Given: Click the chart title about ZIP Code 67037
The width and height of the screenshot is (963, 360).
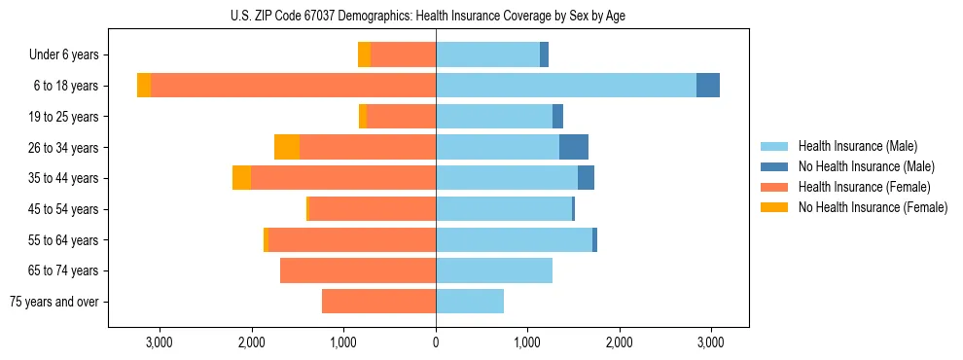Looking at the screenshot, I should (x=435, y=15).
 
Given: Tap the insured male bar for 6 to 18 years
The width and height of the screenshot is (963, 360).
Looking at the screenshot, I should (x=566, y=86).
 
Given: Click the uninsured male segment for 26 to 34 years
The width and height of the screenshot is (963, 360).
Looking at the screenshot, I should (x=574, y=147).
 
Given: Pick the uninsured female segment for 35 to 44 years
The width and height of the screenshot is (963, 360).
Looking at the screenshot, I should (x=241, y=178).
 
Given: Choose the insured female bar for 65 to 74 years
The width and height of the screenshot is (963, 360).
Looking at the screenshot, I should (x=358, y=270).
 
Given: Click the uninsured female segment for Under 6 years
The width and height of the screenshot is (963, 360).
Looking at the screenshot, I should (x=364, y=54).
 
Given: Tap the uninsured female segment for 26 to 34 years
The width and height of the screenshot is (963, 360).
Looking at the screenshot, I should (x=287, y=147).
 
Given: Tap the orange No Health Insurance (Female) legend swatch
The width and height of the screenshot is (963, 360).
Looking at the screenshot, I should (x=774, y=207).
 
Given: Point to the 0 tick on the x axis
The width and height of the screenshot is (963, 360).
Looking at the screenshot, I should (x=436, y=342).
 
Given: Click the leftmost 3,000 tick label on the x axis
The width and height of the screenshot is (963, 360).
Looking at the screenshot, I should (x=159, y=342).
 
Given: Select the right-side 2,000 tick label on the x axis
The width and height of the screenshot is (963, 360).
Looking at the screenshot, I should (x=620, y=342).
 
